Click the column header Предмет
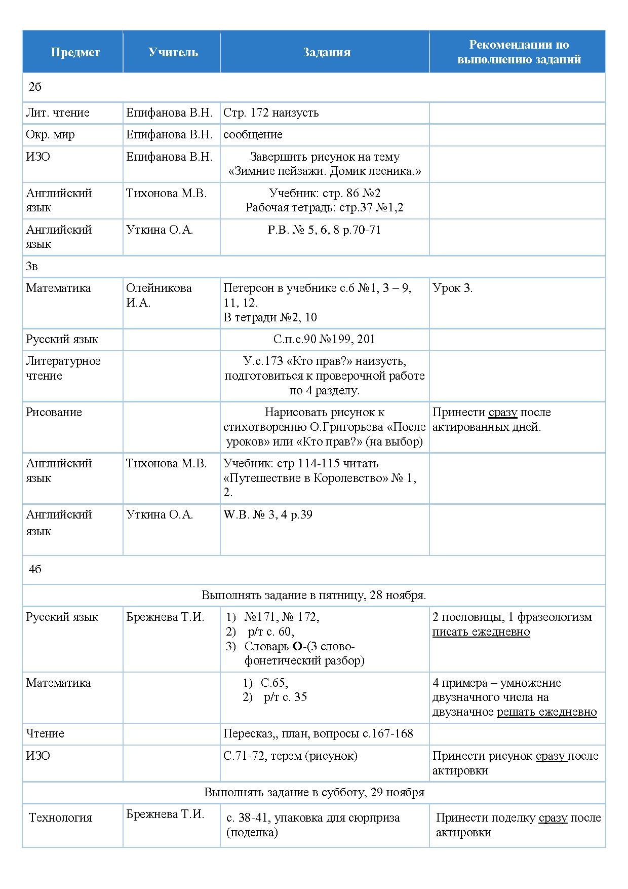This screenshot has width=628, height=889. (75, 52)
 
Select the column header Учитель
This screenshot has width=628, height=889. (173, 52)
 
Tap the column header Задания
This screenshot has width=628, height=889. (327, 52)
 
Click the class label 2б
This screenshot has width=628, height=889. (35, 87)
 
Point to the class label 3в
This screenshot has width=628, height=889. (32, 267)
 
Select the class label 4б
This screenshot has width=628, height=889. (35, 570)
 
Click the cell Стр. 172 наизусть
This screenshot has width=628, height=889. (271, 113)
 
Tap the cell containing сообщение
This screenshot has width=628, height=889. (253, 135)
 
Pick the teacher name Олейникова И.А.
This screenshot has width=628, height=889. (159, 295)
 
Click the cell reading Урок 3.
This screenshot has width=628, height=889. (452, 288)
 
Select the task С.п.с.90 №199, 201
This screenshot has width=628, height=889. (324, 340)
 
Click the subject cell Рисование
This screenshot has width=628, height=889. (54, 413)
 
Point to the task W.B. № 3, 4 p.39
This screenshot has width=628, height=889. (268, 515)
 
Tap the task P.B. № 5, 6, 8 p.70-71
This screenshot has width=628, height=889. (324, 230)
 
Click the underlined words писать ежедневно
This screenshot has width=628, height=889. (481, 632)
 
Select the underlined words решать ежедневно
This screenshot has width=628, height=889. (546, 712)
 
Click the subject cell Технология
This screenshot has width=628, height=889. (60, 818)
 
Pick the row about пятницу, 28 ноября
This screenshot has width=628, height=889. (313, 596)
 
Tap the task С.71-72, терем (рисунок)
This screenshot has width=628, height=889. (290, 756)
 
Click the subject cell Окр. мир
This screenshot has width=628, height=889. (50, 135)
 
